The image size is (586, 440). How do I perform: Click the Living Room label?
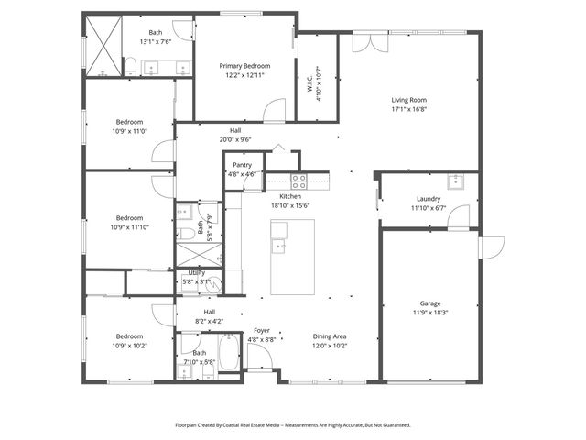(409, 101)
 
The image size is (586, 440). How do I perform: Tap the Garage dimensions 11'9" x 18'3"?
(430, 313)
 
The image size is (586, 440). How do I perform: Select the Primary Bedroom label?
(244, 66)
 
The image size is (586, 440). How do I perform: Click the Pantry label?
(243, 165)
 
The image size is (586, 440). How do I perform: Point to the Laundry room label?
(429, 199)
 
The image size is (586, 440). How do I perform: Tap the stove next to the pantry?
(298, 179)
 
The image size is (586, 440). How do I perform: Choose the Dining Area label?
(330, 336)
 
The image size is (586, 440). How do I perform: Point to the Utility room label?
(197, 273)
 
